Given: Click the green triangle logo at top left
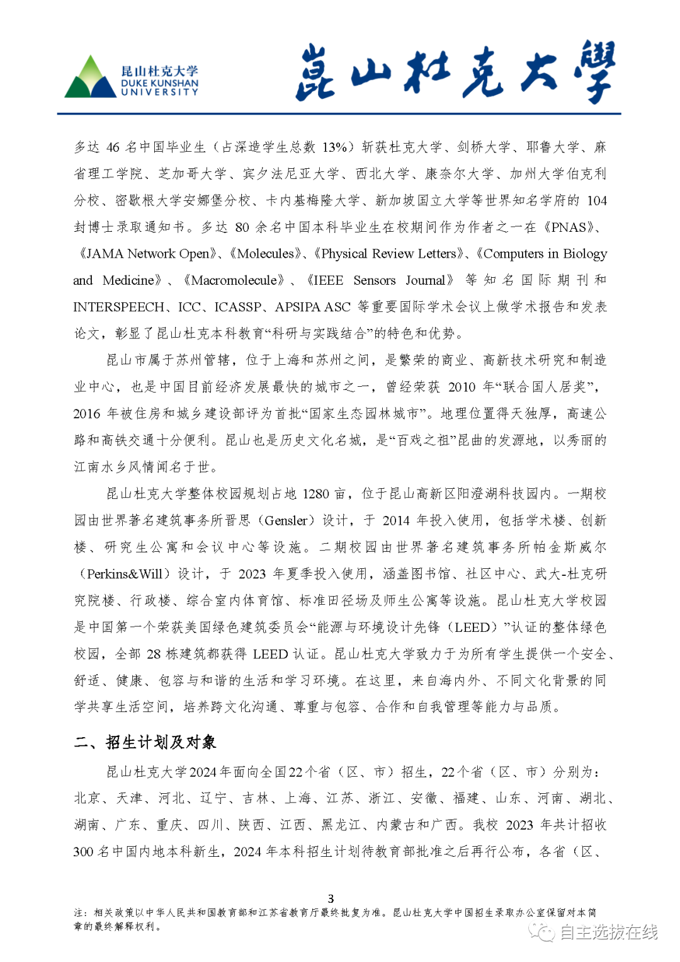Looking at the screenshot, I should [x=90, y=78].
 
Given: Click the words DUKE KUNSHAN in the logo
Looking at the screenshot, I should [x=159, y=83].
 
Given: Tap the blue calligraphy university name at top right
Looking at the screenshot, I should [x=455, y=72].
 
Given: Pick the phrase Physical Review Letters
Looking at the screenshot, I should [x=388, y=254].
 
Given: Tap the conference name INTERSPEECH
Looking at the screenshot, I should [x=118, y=307].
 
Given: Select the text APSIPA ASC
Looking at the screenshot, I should [x=312, y=307].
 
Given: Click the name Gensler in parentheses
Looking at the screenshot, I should [x=286, y=521].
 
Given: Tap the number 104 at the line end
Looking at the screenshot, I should [x=596, y=201].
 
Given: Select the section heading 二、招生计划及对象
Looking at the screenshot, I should [x=145, y=742].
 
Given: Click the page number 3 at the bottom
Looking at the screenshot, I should [x=331, y=898].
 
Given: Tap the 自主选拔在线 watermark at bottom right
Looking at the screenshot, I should [x=608, y=932].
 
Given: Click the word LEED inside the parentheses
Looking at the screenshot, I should [x=472, y=627].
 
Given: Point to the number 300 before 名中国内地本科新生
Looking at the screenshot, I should [x=83, y=852].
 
